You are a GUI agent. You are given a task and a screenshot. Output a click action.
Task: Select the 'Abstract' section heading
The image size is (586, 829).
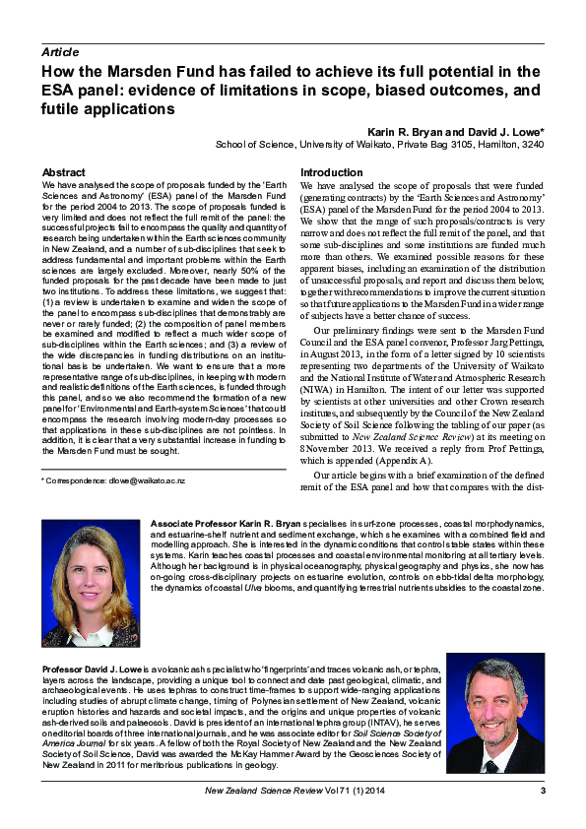coord(63,172)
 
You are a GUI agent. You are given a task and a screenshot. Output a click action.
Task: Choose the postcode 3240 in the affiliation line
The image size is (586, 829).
coord(532,144)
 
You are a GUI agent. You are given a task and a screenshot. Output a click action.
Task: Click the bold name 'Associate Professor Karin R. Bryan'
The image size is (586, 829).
coord(222,520)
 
